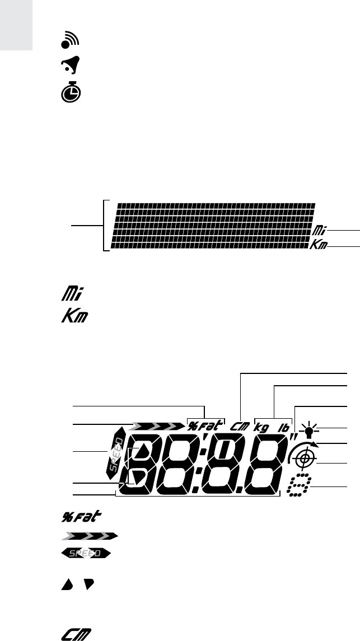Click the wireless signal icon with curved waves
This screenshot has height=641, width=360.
[x=70, y=40]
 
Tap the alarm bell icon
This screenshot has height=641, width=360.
[x=71, y=64]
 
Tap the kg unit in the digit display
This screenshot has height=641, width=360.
[x=261, y=427]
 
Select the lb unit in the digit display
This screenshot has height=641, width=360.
[x=284, y=427]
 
